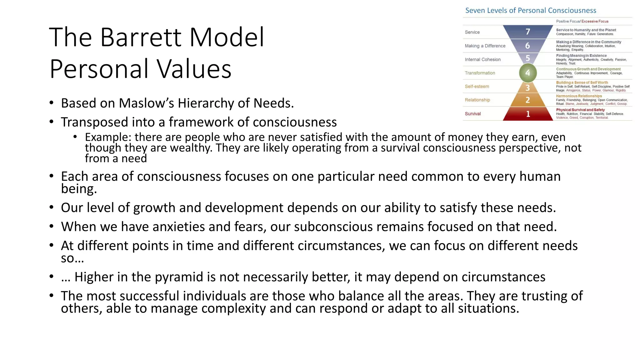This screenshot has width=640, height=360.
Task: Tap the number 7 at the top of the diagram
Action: [x=528, y=32]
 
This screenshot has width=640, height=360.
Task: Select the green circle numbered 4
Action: [x=528, y=73]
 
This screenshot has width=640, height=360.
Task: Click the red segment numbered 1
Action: [x=528, y=114]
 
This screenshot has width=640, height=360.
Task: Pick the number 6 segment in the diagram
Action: [x=527, y=46]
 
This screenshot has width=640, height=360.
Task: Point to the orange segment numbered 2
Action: [x=528, y=100]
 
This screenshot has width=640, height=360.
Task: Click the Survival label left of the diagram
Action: [x=472, y=114]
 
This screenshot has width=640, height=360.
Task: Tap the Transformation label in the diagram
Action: [x=480, y=73]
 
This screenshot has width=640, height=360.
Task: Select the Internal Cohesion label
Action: [x=482, y=59]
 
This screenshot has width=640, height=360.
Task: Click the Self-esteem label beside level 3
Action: [x=477, y=87]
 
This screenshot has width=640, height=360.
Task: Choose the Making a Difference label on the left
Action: [x=485, y=46]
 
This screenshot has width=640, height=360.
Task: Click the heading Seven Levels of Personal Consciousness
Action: [x=531, y=10]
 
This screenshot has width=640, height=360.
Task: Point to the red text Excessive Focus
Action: [x=595, y=21]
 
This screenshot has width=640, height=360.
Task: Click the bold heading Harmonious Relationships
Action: [x=579, y=96]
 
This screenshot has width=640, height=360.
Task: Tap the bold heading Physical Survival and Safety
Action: [x=580, y=110]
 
